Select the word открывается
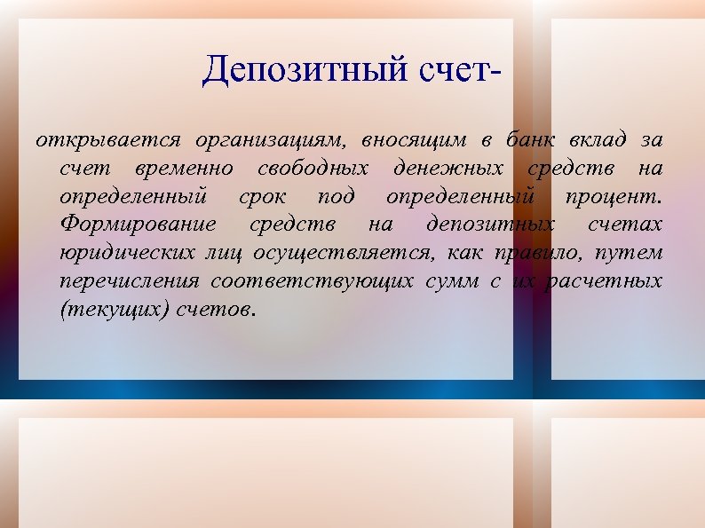(x=107, y=140)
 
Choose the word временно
(x=186, y=169)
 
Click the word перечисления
(x=130, y=282)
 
